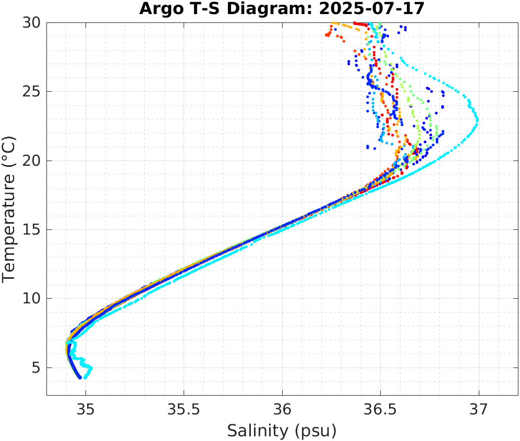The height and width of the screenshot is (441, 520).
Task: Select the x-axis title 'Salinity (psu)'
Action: (x=282, y=431)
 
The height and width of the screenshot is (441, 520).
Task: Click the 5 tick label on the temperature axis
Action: (x=36, y=367)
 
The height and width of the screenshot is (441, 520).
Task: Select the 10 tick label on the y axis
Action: (x=31, y=299)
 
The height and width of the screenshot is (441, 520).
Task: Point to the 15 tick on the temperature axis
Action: (x=31, y=229)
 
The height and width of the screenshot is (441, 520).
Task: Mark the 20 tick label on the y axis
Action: (x=31, y=161)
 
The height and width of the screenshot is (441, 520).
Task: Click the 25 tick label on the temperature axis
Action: (x=31, y=92)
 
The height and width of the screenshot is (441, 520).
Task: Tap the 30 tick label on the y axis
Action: (x=31, y=23)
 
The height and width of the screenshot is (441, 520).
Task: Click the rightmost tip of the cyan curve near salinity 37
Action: (x=477, y=120)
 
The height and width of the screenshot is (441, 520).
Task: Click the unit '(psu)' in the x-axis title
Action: (x=314, y=431)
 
